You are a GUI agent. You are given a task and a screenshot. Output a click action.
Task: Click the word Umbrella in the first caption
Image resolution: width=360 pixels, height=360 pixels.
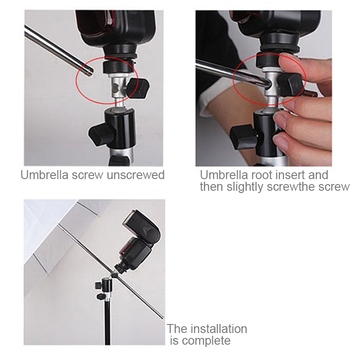tap(45, 175)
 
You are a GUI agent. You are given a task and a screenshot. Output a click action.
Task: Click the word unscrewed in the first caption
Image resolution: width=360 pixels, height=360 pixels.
tap(136, 175)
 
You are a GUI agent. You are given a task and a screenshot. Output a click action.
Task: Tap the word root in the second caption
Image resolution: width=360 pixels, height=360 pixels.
tap(261, 175)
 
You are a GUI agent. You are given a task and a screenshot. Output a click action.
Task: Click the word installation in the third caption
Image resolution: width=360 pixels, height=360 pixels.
tap(219, 328)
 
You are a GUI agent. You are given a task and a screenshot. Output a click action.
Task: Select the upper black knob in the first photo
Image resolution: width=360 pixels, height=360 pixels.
tap(139, 88)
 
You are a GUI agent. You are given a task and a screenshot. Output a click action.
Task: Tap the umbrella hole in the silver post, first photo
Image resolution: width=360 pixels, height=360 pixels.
tap(115, 87)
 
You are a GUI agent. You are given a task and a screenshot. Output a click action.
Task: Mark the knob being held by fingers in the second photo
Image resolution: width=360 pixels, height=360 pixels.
tap(289, 85)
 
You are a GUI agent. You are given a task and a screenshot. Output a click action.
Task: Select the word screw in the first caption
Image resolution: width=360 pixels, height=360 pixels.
tap(87, 175)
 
